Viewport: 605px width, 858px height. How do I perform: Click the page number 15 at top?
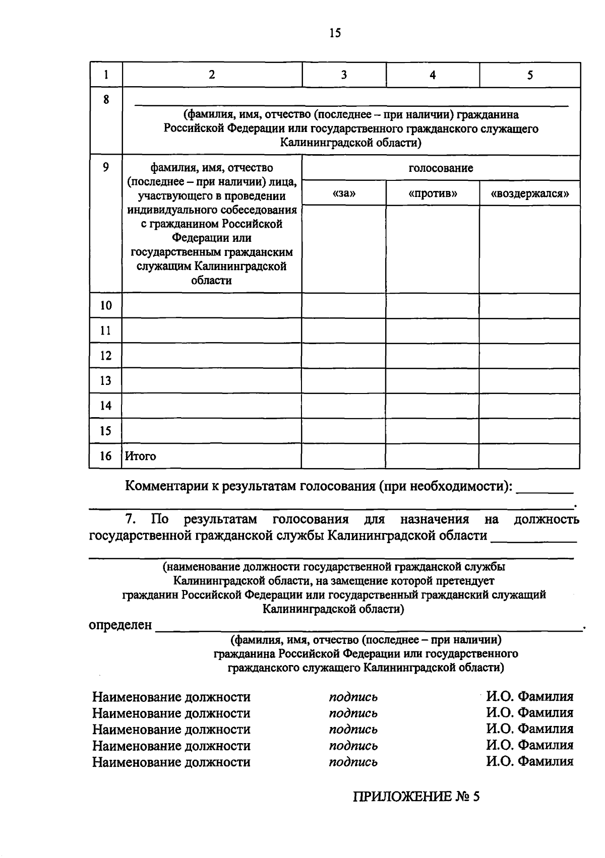(x=335, y=33)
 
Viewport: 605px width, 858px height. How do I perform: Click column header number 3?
(x=344, y=75)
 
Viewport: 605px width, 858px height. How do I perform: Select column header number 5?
(x=529, y=75)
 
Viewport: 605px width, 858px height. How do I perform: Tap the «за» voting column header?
(x=344, y=193)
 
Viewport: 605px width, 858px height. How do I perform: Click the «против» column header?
(x=433, y=193)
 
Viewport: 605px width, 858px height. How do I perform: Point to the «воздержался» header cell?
(x=529, y=193)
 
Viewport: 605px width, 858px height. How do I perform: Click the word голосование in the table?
(x=441, y=168)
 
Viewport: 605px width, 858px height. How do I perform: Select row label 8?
(x=106, y=100)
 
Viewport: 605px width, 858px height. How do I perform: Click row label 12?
(x=106, y=356)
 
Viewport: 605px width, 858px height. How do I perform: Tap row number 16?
(x=106, y=456)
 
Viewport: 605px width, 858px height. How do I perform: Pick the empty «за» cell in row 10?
(x=344, y=305)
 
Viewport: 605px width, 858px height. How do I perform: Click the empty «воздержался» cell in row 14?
(x=529, y=406)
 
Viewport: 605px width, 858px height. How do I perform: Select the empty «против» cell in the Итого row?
(x=433, y=456)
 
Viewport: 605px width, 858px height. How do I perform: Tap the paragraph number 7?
(x=130, y=519)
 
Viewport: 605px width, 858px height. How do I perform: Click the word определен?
(x=120, y=625)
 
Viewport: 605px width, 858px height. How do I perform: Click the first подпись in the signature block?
(x=353, y=697)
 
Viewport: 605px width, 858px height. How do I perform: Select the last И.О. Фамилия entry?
(x=529, y=761)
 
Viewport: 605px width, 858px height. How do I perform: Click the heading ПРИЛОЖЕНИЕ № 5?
(x=416, y=797)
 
